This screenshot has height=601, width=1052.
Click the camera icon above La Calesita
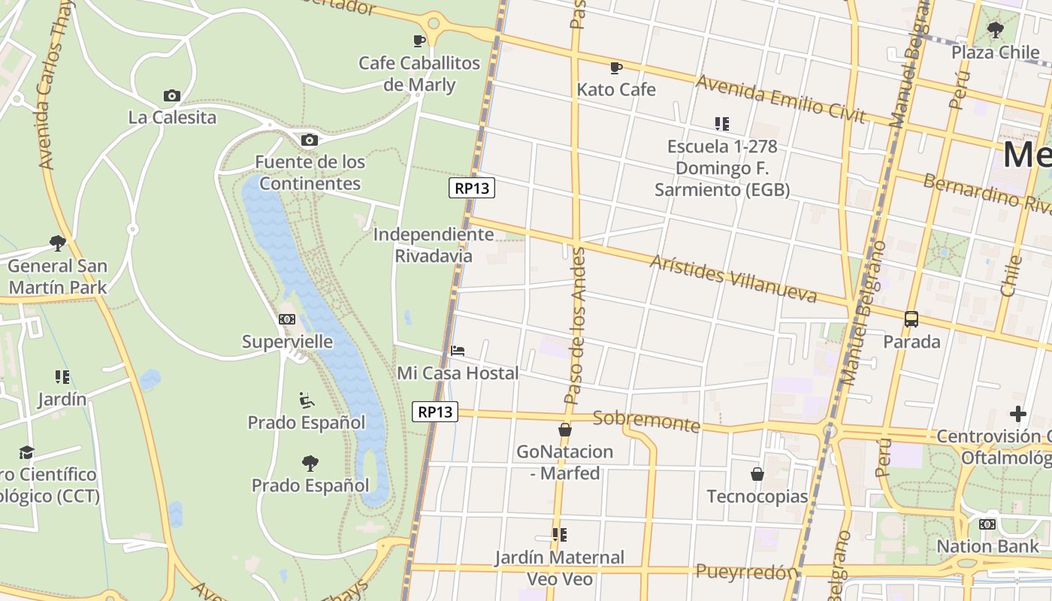pyautogui.click(x=172, y=95)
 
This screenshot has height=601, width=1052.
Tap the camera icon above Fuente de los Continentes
pyautogui.click(x=309, y=140)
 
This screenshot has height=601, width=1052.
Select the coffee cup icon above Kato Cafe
pyautogui.click(x=616, y=68)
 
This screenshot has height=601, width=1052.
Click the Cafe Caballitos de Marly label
pyautogui.click(x=419, y=74)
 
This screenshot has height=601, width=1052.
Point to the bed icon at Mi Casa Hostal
pyautogui.click(x=458, y=350)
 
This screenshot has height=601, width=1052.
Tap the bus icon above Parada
pyautogui.click(x=911, y=319)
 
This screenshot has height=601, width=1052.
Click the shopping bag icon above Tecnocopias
pyautogui.click(x=757, y=474)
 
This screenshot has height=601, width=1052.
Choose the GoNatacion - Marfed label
pyautogui.click(x=564, y=462)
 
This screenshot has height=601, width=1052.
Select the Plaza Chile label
pyautogui.click(x=996, y=52)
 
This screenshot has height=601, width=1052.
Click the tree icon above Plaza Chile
pyautogui.click(x=996, y=30)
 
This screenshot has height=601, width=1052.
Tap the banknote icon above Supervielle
pyautogui.click(x=287, y=319)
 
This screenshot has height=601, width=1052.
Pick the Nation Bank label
pyautogui.click(x=987, y=546)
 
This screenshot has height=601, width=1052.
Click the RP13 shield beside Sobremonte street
pyautogui.click(x=435, y=412)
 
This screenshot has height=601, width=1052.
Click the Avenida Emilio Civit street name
pyautogui.click(x=780, y=97)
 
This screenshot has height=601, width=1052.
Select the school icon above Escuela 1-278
pyautogui.click(x=722, y=123)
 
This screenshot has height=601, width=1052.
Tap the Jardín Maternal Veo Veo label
pyautogui.click(x=559, y=568)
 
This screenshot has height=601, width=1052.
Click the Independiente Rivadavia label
pyautogui.click(x=434, y=245)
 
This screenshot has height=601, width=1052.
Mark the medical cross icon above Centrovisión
pyautogui.click(x=1018, y=414)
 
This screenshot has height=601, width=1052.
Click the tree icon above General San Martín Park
pyautogui.click(x=58, y=243)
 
